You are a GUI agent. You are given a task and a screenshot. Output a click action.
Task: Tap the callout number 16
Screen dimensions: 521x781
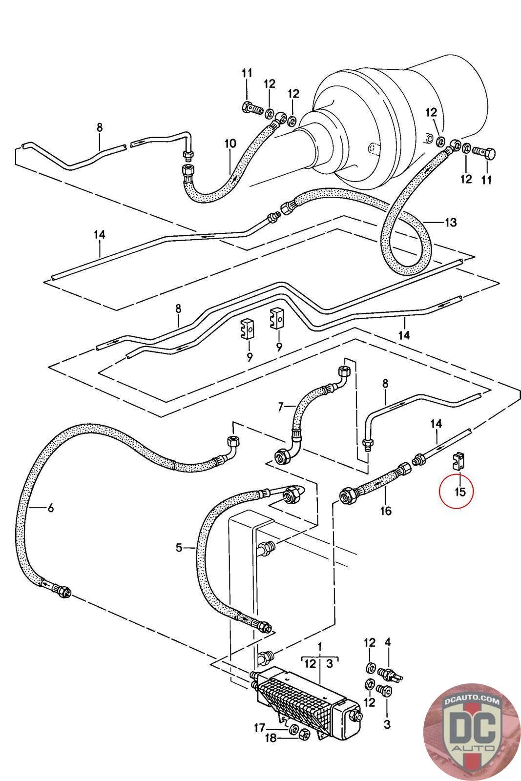tap(386, 511)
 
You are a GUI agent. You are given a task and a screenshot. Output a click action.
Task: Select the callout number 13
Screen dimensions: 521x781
tap(451, 222)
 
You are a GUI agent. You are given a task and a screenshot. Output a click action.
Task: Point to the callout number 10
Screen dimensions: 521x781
tap(230, 144)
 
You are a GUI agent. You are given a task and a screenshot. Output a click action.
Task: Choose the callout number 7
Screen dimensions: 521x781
tap(281, 407)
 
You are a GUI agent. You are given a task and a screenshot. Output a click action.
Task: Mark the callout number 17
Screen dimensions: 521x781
tap(259, 728)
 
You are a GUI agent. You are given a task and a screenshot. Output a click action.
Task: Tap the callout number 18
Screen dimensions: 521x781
tap(271, 738)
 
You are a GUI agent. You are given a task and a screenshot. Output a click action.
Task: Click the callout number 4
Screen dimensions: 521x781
tap(388, 642)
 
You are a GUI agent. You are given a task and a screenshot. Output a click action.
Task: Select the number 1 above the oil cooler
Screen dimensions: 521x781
tap(320, 647)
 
